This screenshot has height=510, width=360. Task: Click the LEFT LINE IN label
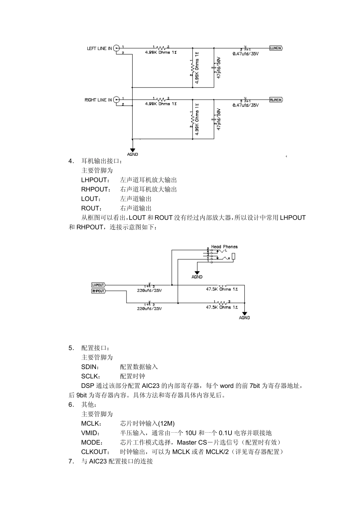[x=99, y=49]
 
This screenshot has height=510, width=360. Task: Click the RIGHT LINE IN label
[x=98, y=100]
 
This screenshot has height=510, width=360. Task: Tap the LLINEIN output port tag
[x=276, y=48]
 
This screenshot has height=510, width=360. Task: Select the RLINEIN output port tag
[x=276, y=100]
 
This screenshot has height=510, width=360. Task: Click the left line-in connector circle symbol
[x=117, y=48]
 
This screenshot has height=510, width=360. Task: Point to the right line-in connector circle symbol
[x=117, y=100]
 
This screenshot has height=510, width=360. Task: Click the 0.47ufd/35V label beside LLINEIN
[x=246, y=53]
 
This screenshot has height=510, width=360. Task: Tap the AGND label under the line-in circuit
[x=133, y=154]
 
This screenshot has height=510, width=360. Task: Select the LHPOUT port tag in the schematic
[x=98, y=285]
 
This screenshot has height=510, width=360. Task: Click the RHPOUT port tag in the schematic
[x=98, y=291]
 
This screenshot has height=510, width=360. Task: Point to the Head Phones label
[x=224, y=247]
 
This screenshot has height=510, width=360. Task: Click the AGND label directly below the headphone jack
[x=197, y=277]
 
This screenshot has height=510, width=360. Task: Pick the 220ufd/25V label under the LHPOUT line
[x=149, y=290]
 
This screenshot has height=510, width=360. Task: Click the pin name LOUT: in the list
[x=91, y=199]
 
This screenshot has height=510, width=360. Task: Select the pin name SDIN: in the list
[x=90, y=367]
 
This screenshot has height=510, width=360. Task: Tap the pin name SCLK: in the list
[x=91, y=377]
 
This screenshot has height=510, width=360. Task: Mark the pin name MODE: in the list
[x=92, y=443]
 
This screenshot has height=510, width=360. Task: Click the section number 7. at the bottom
[x=71, y=461]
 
